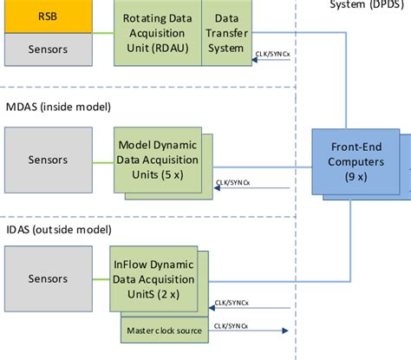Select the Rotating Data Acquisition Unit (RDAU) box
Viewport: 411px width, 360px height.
click(x=157, y=32)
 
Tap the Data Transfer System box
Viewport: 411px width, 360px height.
click(x=227, y=32)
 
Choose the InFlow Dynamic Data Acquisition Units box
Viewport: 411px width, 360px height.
click(x=159, y=278)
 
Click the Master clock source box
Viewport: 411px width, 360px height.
click(x=165, y=331)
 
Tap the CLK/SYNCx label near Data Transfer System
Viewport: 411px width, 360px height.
click(x=273, y=54)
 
